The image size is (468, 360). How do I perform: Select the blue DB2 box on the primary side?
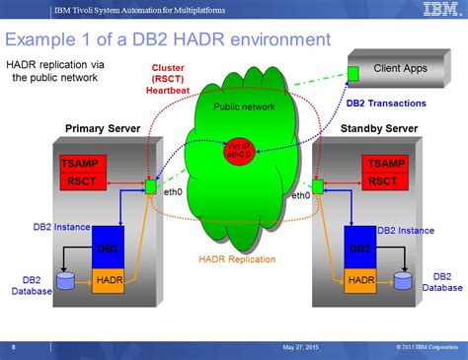[x=109, y=250]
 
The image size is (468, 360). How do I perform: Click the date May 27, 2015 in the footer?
[x=302, y=347]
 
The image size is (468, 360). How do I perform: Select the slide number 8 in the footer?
[x=13, y=347]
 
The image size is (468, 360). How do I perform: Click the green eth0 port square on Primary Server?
[x=150, y=185]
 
